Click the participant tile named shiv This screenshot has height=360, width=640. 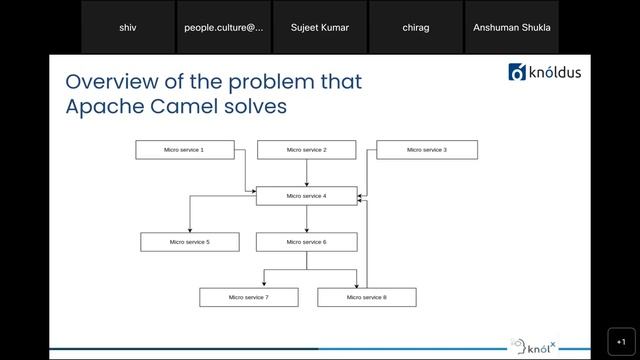(x=128, y=27)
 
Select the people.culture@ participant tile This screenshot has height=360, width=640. (x=224, y=27)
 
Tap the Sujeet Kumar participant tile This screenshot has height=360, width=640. (x=319, y=27)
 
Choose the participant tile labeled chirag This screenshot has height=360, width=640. (x=416, y=27)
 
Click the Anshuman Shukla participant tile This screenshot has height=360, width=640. (x=511, y=27)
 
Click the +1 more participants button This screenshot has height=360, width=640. (x=620, y=340)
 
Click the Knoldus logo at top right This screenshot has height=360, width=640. (x=545, y=72)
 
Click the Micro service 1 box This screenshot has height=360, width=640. (x=184, y=150)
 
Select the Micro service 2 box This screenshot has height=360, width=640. (x=306, y=150)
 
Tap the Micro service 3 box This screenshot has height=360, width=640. (x=427, y=150)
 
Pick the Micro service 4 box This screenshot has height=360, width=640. (x=306, y=196)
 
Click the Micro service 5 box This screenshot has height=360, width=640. (x=189, y=242)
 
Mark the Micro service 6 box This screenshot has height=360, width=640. (x=306, y=242)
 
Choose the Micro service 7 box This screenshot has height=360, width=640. (x=248, y=297)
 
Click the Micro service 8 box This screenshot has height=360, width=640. (x=366, y=297)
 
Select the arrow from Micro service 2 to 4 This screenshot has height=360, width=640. (x=306, y=173)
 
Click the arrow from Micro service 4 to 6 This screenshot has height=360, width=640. (x=306, y=219)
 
